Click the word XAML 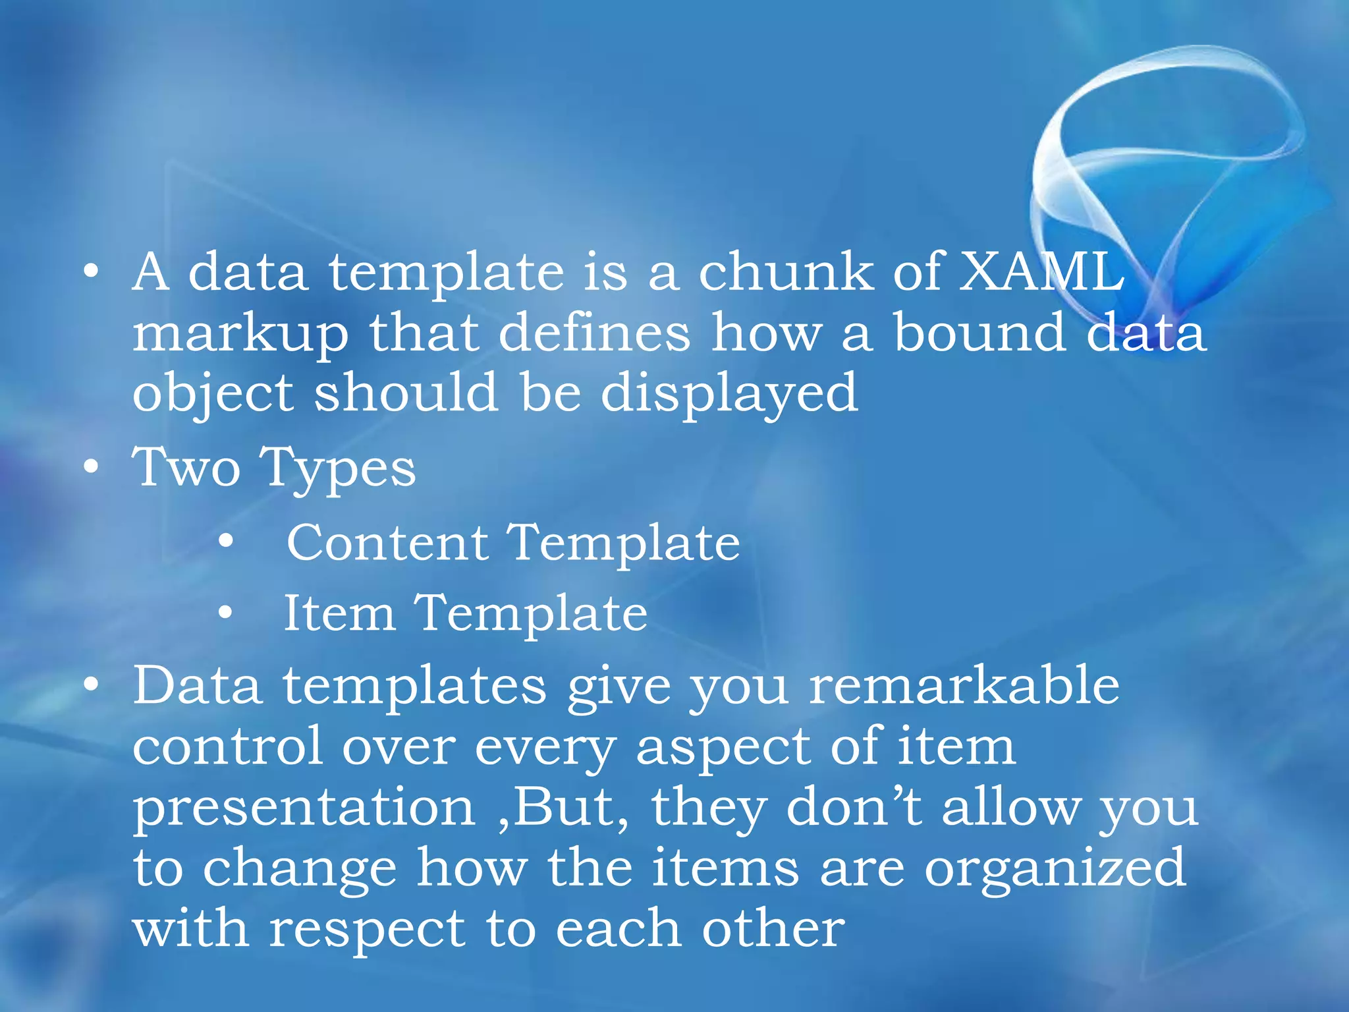[x=1041, y=271]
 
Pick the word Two [x=186, y=467]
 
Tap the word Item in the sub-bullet [x=339, y=613]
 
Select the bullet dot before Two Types [x=92, y=467]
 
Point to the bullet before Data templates [x=92, y=685]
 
